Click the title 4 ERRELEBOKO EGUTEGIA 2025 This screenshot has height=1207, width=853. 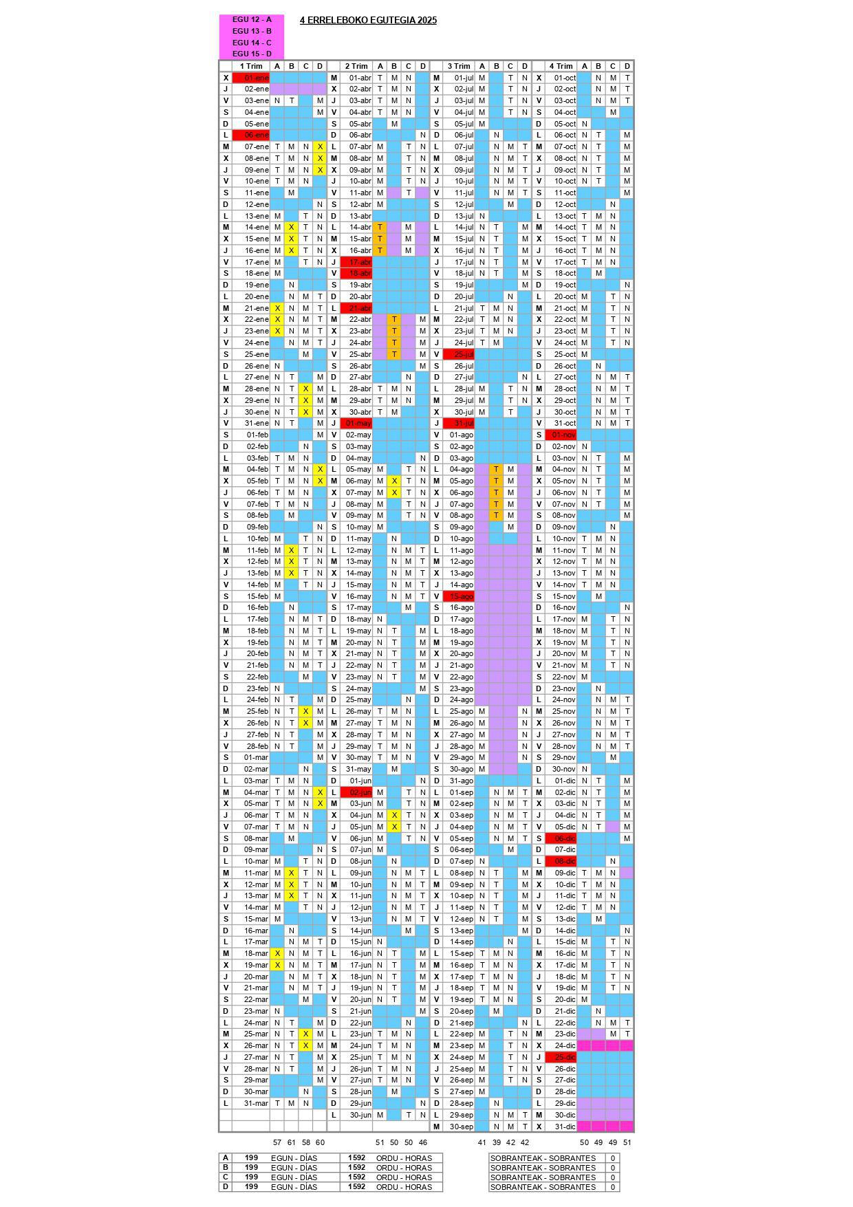(x=368, y=21)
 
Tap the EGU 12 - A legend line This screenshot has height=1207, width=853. (x=252, y=20)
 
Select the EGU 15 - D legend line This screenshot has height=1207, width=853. (x=252, y=54)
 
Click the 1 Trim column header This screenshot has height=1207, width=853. (x=251, y=67)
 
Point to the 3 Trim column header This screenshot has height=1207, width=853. (x=459, y=67)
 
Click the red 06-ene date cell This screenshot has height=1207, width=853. (x=251, y=135)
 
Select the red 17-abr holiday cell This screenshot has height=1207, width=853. (x=356, y=262)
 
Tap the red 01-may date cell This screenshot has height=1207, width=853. (x=356, y=424)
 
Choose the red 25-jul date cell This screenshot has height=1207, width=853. (x=459, y=354)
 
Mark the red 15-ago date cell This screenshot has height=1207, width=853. (x=459, y=596)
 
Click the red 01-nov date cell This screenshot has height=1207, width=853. (x=561, y=435)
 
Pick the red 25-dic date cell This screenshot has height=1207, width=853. (x=561, y=1057)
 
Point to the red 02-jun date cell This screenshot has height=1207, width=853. (x=356, y=792)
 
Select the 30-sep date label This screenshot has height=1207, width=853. (x=462, y=1127)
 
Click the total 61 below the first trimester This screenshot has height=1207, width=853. (x=291, y=1142)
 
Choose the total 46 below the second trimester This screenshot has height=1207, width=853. (x=422, y=1142)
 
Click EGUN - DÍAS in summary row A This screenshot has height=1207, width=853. (x=294, y=1158)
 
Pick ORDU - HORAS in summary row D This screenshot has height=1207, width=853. (x=404, y=1187)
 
